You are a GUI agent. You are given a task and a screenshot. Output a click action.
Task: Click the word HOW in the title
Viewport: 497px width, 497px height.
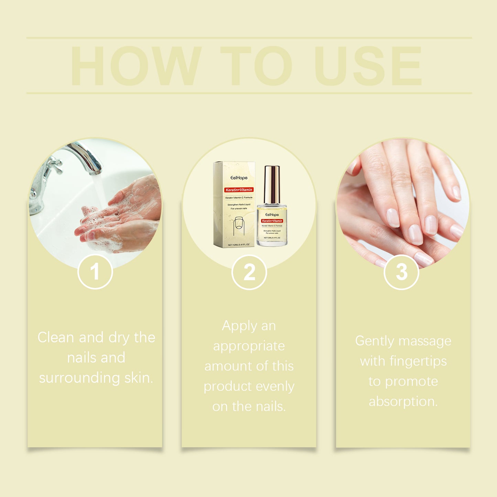136,66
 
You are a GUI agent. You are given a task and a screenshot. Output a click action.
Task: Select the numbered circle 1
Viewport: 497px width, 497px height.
95,272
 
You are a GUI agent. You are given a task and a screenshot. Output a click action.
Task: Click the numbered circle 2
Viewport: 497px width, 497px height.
249,272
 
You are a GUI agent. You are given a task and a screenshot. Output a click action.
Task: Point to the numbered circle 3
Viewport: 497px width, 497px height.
401,272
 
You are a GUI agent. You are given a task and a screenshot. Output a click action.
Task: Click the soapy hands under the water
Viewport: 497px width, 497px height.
117,217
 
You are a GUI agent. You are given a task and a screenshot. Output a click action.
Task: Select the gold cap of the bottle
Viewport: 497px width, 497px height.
272,184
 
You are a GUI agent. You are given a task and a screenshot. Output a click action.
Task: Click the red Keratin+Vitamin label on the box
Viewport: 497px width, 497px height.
239,190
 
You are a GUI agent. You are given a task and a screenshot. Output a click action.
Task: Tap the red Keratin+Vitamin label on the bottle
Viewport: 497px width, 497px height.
272,221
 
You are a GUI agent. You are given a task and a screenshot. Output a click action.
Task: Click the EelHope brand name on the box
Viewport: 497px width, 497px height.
239,178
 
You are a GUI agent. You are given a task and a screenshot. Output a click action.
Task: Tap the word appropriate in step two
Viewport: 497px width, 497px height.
249,346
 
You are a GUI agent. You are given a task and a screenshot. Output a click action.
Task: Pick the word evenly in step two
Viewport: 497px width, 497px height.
275,386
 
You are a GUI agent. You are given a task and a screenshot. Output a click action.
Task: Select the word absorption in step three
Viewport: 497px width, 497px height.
403,401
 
